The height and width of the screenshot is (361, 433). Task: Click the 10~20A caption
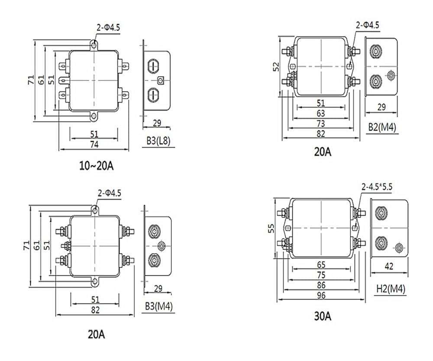point(96,166)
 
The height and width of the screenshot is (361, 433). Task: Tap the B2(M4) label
point(382,127)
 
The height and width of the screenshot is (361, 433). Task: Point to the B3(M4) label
point(159,306)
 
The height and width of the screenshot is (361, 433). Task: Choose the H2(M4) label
point(390,289)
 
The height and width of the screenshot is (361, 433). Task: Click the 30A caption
point(323,316)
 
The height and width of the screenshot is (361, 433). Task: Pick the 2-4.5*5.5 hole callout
point(377,187)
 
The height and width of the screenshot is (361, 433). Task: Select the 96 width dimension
point(321,295)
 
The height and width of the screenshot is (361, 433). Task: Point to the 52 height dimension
point(276,66)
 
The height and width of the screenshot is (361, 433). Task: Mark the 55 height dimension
point(271,228)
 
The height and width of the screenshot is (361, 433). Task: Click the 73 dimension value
point(321,123)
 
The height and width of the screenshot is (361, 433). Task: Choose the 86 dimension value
point(321,285)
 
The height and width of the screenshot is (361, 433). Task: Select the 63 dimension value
point(321,113)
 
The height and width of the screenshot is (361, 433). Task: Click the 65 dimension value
point(321,264)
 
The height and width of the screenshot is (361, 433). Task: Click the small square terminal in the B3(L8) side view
point(161,80)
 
